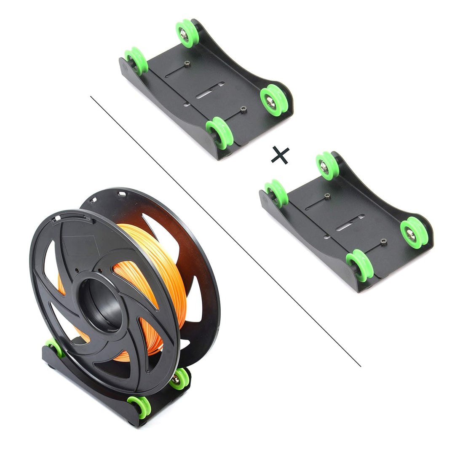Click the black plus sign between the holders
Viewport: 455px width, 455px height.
[x=280, y=155]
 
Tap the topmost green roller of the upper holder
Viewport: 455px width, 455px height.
[x=187, y=33]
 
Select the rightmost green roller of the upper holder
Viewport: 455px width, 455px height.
[x=274, y=100]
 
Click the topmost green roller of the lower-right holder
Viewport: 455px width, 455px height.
[x=327, y=166]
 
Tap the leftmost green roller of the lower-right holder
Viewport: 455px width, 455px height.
[x=276, y=193]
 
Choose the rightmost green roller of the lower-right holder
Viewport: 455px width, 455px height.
[x=414, y=232]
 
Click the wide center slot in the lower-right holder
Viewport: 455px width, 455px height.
[x=349, y=222]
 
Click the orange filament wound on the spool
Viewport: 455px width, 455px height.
[x=164, y=270]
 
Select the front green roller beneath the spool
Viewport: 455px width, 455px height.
[x=139, y=406]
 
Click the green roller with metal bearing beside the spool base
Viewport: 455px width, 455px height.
[x=179, y=379]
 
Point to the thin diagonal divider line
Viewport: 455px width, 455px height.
[x=225, y=232]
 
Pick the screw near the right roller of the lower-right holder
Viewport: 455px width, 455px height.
[x=383, y=241]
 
